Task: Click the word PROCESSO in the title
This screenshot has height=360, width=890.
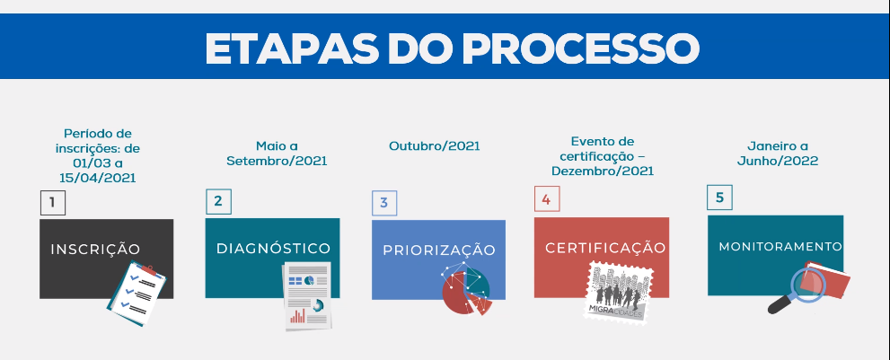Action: pyautogui.click(x=581, y=48)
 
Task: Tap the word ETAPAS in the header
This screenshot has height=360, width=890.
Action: pyautogui.click(x=292, y=48)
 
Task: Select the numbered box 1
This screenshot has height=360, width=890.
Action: pyautogui.click(x=53, y=203)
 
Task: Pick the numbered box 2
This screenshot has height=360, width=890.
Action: pyautogui.click(x=218, y=201)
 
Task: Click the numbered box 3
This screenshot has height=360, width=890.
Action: pyautogui.click(x=384, y=203)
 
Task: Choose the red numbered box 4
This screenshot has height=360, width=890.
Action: pyautogui.click(x=547, y=199)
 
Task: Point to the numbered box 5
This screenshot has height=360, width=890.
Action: pyautogui.click(x=719, y=197)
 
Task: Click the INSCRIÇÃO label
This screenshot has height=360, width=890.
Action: pyautogui.click(x=95, y=250)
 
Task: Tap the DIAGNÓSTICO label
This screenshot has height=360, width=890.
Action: pyautogui.click(x=273, y=248)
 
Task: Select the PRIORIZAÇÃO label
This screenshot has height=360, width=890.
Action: pyautogui.click(x=439, y=250)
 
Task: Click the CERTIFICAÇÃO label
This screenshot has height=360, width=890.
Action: pyautogui.click(x=605, y=248)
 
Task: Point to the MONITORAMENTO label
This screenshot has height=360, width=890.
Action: pyautogui.click(x=780, y=247)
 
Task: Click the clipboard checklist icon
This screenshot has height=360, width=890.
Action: pyautogui.click(x=137, y=294)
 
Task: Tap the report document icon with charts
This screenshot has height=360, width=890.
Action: pyautogui.click(x=307, y=296)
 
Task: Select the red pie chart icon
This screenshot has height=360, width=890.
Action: pyautogui.click(x=466, y=289)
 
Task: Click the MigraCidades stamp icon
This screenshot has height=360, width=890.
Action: pyautogui.click(x=620, y=292)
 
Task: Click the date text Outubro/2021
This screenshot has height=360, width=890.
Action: pyautogui.click(x=434, y=146)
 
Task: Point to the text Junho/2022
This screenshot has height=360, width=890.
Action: pyautogui.click(x=778, y=161)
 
